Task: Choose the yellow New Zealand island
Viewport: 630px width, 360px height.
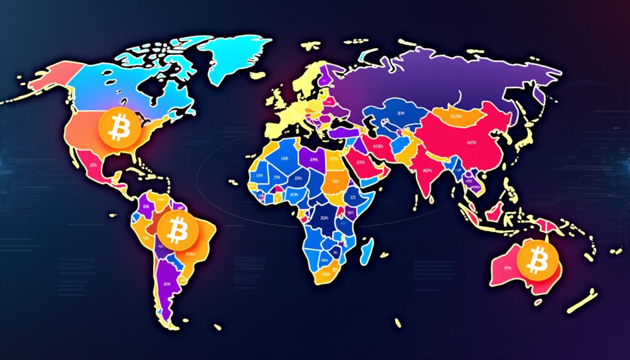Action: (581, 302)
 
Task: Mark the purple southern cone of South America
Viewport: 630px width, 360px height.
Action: (166, 283)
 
